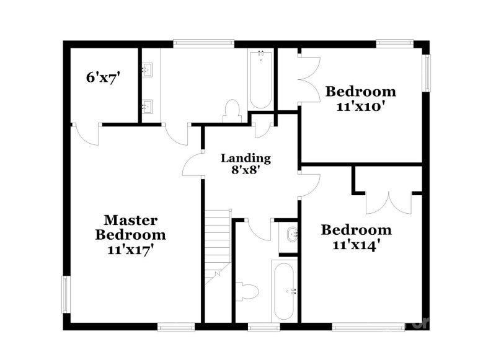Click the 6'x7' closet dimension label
point(102,77)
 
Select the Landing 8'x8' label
point(246,163)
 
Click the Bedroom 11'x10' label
point(361,97)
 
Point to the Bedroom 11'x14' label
point(356,236)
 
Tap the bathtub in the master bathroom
point(259,79)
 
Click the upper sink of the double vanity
point(148,69)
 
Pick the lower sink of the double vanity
point(148,105)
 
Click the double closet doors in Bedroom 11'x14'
point(389,201)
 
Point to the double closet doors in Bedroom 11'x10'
point(311,79)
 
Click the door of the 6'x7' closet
point(87,133)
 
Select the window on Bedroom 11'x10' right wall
point(426,72)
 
